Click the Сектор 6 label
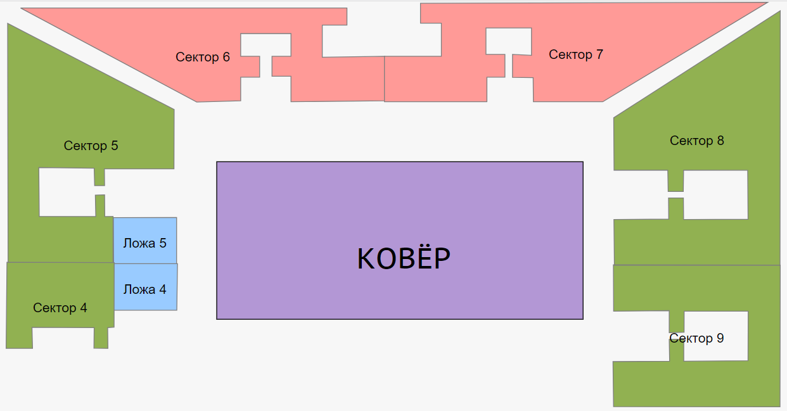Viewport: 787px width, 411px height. point(203,58)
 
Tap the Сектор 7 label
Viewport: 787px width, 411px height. point(575,55)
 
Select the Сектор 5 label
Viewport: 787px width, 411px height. point(91,146)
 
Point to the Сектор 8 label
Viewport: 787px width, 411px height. point(696,141)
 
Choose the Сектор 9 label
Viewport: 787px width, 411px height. point(696,339)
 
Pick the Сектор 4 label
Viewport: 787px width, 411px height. point(60,308)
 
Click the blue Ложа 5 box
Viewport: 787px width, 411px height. point(145,240)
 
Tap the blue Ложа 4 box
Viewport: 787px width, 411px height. point(146,287)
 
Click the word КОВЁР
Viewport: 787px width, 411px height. point(404,259)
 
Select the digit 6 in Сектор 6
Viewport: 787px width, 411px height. point(226,58)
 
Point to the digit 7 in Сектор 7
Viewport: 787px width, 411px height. point(599,55)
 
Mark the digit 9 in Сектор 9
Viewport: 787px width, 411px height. point(720,339)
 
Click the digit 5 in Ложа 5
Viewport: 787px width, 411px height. point(163,243)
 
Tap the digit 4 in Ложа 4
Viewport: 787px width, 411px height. point(163,289)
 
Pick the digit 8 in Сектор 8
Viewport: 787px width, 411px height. point(720,141)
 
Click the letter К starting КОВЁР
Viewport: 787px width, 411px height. point(366,259)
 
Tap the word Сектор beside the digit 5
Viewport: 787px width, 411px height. point(85,146)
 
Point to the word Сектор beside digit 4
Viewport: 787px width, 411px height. point(54,308)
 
